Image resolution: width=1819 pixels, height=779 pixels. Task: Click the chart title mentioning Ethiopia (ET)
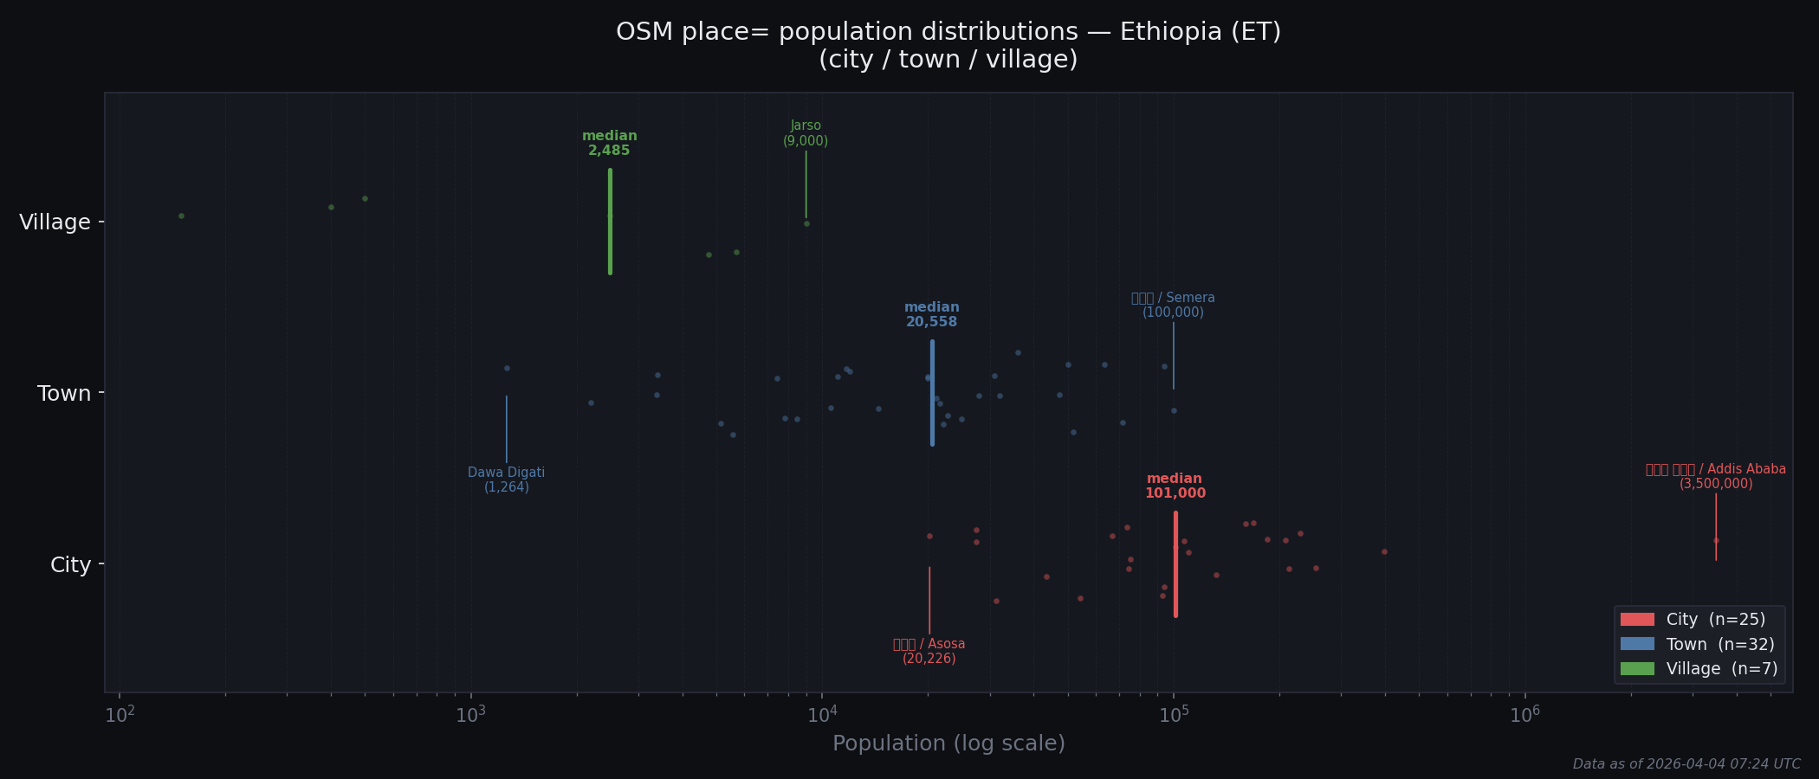click(x=948, y=45)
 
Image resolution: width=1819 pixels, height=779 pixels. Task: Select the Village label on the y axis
click(x=55, y=222)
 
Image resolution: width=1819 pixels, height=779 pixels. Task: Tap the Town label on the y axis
click(x=64, y=394)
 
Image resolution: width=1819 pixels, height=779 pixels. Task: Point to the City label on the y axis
click(x=70, y=565)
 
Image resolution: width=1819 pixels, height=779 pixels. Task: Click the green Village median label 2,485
click(x=610, y=144)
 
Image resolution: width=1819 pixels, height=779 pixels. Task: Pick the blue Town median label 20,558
click(x=932, y=315)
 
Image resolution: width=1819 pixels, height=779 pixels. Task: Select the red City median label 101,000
click(x=1175, y=486)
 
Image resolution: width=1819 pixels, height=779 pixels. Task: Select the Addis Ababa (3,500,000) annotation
click(x=1716, y=477)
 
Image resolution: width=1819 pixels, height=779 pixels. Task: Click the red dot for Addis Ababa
click(x=1716, y=541)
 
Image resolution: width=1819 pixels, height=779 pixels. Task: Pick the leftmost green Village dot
click(x=181, y=216)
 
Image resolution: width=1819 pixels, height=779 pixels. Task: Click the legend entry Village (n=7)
click(x=1699, y=669)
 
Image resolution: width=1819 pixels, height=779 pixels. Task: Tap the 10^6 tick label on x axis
click(x=1525, y=715)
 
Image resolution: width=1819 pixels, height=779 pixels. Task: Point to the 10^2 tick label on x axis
click(x=120, y=715)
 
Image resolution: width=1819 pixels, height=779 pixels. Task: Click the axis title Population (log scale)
click(x=948, y=744)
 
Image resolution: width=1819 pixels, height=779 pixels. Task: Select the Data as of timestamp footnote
click(x=1686, y=764)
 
